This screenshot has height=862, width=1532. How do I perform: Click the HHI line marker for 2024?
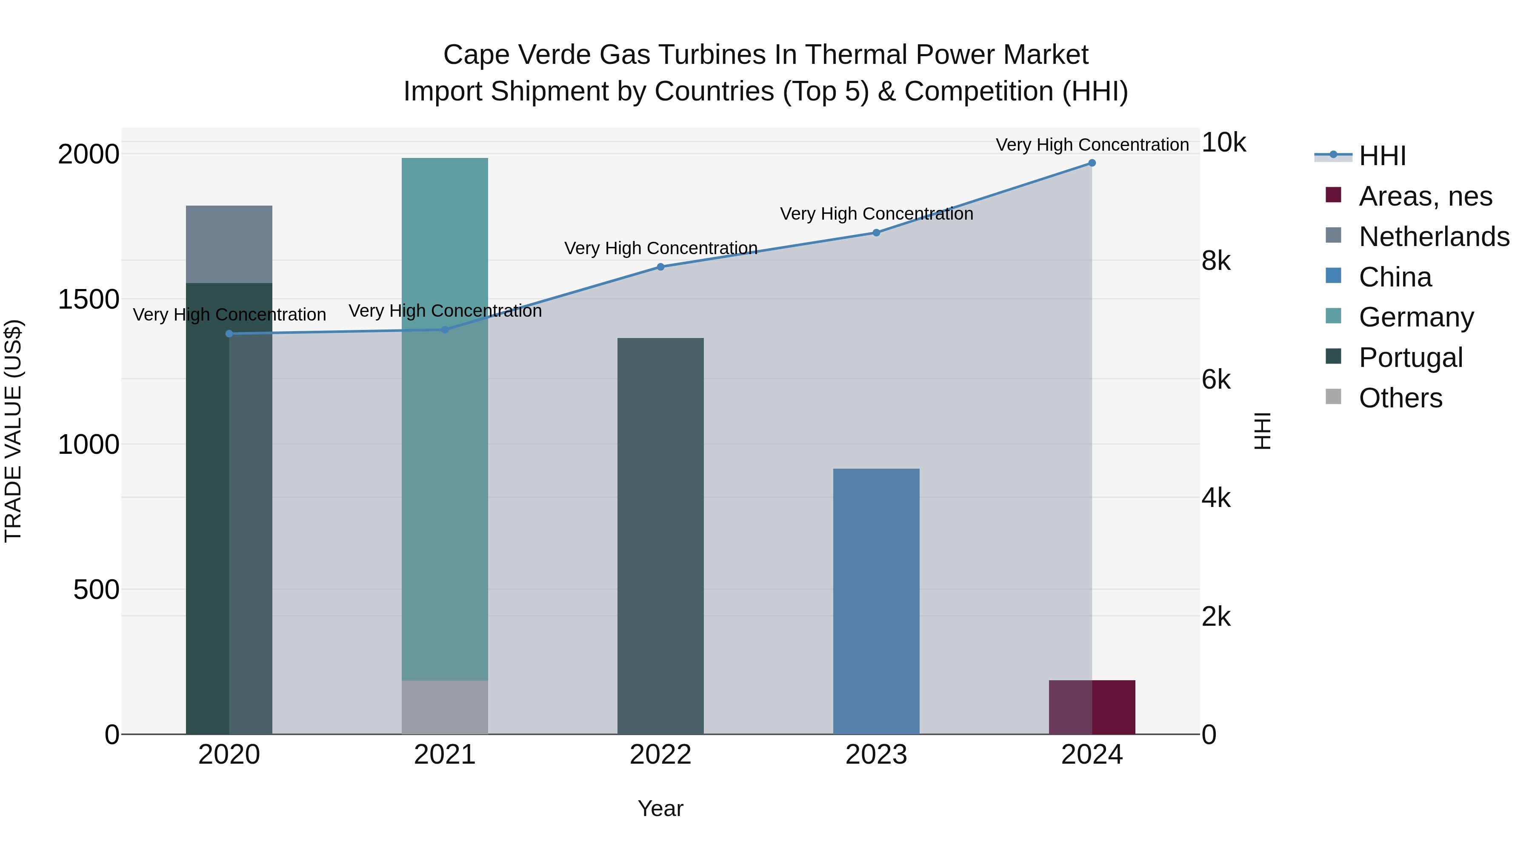(x=1092, y=163)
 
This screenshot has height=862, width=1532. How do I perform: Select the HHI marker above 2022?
(x=660, y=266)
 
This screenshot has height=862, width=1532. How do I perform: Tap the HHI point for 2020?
(x=229, y=334)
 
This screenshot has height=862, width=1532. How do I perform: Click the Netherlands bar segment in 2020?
(x=229, y=244)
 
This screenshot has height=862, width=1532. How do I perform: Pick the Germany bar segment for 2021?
(x=445, y=416)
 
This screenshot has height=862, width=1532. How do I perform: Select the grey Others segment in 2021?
(x=445, y=707)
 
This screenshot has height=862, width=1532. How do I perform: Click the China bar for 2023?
(x=876, y=601)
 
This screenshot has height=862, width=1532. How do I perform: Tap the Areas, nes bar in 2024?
(x=1092, y=707)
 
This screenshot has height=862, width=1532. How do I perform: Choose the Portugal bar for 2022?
(x=660, y=536)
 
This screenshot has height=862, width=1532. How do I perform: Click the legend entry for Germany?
(x=1416, y=317)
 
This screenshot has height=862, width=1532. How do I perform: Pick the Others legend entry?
(x=1400, y=398)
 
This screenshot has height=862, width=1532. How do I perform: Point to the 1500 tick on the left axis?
(x=88, y=299)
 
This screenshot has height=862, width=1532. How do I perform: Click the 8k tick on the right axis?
(x=1217, y=261)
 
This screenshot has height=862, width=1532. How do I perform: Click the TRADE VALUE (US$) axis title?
(x=13, y=431)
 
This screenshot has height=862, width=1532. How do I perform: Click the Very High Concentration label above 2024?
(x=1092, y=145)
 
